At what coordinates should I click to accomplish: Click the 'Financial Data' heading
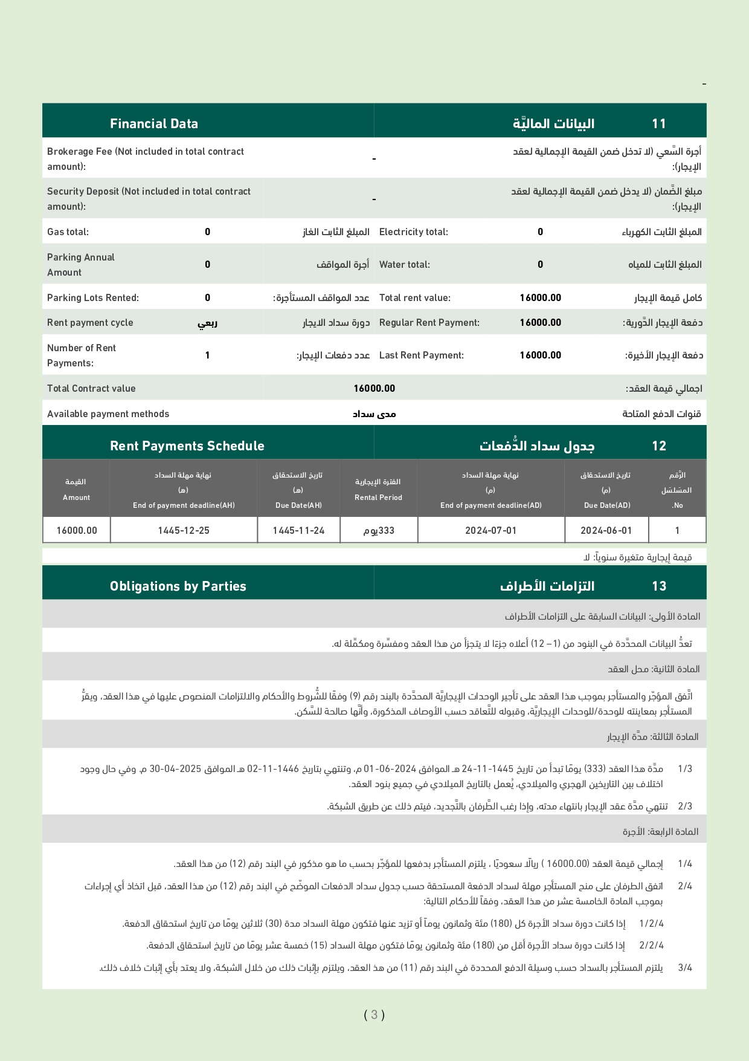pos(154,124)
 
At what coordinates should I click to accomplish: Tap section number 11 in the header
pos(658,124)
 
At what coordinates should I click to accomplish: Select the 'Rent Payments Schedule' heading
pos(187,446)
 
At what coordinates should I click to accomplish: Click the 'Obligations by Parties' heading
pos(178,586)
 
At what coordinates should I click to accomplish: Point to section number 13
pos(658,586)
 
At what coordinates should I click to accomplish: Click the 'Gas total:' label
pos(68,232)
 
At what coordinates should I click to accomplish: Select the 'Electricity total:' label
pos(414,232)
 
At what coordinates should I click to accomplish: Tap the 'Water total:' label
pos(405,265)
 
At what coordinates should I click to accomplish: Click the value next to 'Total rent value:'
pos(540,298)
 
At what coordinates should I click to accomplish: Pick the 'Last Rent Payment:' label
pos(422,355)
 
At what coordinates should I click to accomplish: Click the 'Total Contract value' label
pos(91,389)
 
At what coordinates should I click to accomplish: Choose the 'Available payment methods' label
pos(108,414)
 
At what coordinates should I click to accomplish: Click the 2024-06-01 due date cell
pos(606,531)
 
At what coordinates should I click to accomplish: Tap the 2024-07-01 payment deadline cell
pos(490,531)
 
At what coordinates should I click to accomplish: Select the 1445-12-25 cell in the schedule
pos(184,531)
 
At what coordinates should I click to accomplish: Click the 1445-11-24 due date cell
pos(298,531)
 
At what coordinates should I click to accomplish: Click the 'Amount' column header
pos(76,498)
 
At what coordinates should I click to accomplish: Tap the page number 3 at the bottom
pos(374,1015)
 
